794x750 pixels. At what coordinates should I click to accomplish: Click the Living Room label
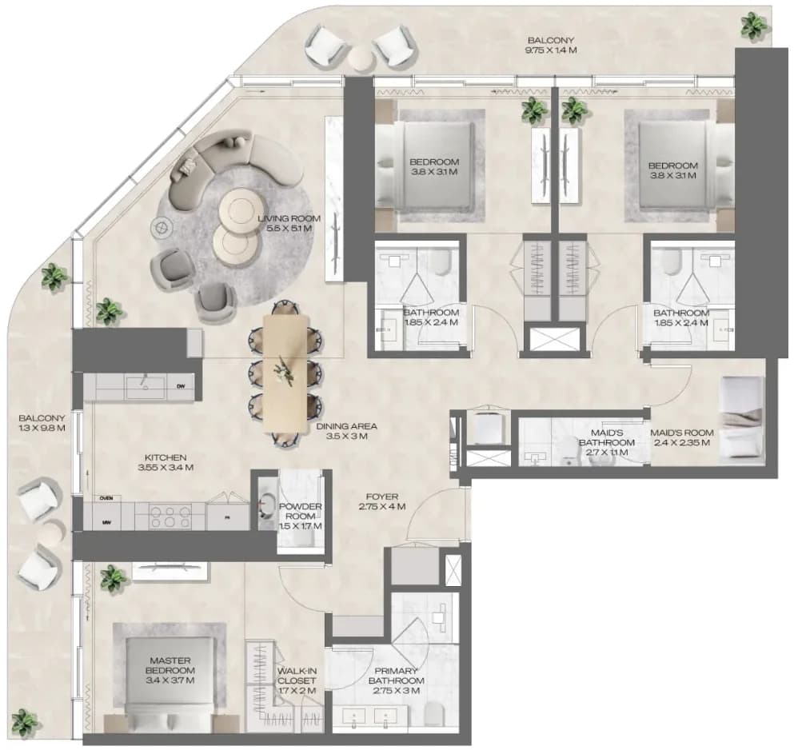point(289,218)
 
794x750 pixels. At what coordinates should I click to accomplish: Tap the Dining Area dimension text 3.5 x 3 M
point(347,436)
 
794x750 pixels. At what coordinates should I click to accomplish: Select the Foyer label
point(382,497)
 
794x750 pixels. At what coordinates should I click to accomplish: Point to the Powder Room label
point(301,511)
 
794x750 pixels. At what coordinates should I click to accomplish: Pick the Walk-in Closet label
point(297,676)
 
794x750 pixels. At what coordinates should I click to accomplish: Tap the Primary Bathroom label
point(396,676)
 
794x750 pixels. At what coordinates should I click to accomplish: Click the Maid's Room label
point(681,433)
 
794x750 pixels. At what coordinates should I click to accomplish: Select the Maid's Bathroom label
point(607,437)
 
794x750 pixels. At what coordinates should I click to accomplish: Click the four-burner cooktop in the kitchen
point(170,517)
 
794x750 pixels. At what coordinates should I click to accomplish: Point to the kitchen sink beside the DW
point(146,387)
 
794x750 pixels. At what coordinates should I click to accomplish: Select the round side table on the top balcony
point(362,58)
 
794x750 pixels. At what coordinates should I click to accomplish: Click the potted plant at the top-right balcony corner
point(754,25)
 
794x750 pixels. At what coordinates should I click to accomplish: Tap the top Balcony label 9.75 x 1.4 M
point(551,45)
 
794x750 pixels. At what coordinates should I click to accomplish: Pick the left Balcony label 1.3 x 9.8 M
point(42,423)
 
